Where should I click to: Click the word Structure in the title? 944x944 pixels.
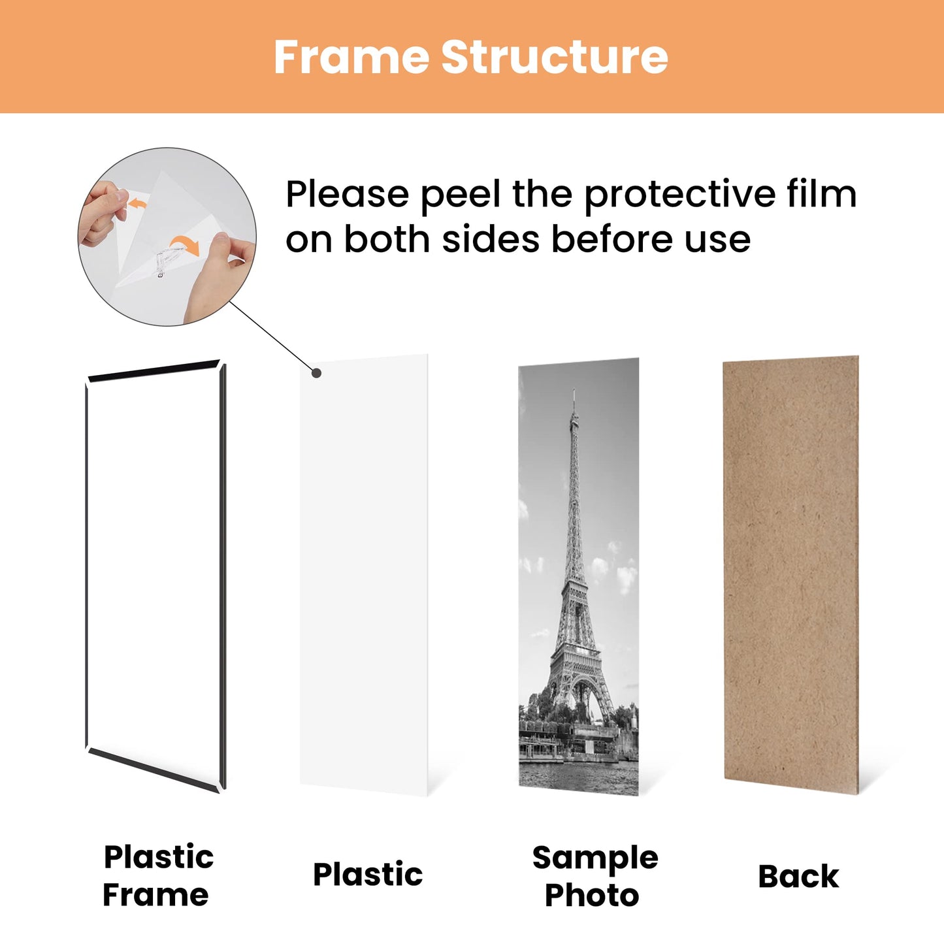point(555,57)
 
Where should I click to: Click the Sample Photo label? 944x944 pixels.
point(594,875)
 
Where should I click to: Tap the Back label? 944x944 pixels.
point(798,876)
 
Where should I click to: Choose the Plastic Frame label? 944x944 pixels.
point(157,875)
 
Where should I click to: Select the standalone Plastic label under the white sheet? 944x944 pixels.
point(368,874)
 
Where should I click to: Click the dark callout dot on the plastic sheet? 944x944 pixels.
point(316,373)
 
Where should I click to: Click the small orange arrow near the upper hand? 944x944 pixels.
point(137,204)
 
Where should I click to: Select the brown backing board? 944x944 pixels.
point(790,568)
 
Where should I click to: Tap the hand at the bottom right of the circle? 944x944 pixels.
point(222,274)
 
